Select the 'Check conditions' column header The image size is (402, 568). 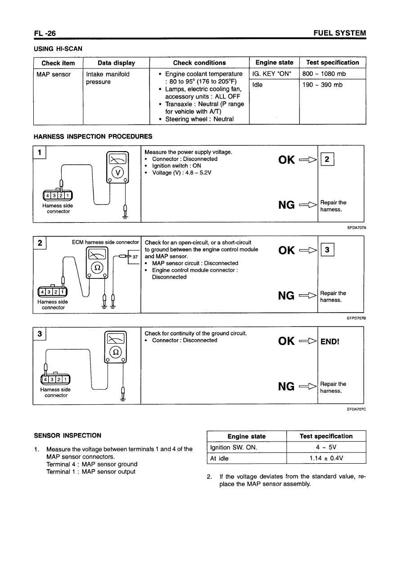pyautogui.click(x=199, y=63)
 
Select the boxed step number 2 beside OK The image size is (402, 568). pyautogui.click(x=326, y=160)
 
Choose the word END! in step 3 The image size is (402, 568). pyautogui.click(x=330, y=341)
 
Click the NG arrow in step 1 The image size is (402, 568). pyautogui.click(x=307, y=206)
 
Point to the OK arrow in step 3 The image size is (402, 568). pyautogui.click(x=307, y=341)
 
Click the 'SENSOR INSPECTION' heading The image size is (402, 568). pyautogui.click(x=68, y=435)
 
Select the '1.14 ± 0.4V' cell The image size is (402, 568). pyautogui.click(x=326, y=458)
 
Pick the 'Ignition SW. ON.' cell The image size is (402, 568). pyautogui.click(x=234, y=447)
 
